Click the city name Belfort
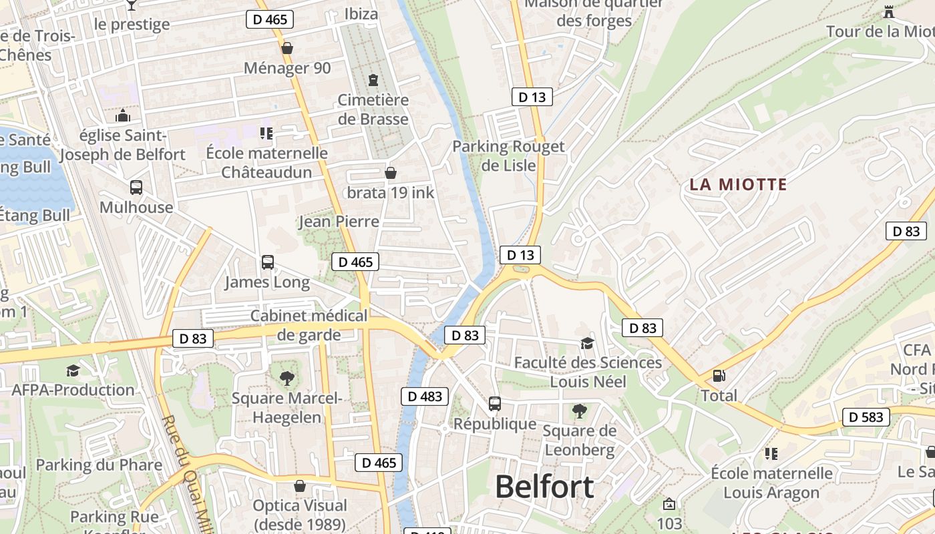point(544,487)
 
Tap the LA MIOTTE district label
point(738,185)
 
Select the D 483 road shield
point(425,396)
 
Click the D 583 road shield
point(866,417)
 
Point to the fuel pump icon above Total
point(719,376)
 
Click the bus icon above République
point(494,404)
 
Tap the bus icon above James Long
point(267,262)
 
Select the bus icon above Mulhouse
point(136,188)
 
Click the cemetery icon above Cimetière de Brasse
point(373,80)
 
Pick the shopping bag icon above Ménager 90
point(287,48)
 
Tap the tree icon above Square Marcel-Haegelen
point(287,378)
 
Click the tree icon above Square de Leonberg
point(579,411)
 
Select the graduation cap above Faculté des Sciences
point(587,343)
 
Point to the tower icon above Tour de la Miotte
point(888,11)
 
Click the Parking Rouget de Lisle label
point(508,156)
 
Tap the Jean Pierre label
point(339,222)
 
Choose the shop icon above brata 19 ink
point(391,174)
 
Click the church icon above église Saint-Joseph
point(122,115)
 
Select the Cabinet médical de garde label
point(309,325)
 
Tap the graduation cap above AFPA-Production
point(73,370)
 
